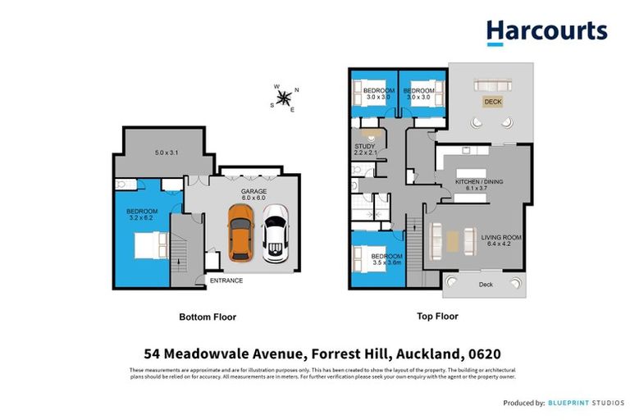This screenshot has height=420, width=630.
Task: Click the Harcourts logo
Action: coord(546,32)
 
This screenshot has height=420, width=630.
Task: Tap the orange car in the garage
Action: coord(240,233)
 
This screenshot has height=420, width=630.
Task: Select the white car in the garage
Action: coord(275,234)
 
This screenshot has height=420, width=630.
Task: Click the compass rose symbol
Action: coord(285,98)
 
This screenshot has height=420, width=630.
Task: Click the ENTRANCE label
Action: coord(226,281)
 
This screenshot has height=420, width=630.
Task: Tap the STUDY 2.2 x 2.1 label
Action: coord(365,149)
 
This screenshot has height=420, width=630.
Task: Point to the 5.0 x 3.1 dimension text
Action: coord(167,153)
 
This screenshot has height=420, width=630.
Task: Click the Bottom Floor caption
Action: coord(208,316)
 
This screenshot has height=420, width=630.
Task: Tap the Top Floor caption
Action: coord(436,316)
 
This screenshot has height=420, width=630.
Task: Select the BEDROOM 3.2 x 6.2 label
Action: coord(142,215)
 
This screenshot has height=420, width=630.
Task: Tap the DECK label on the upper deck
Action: coord(492,102)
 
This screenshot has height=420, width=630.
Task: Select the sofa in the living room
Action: coord(453,240)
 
